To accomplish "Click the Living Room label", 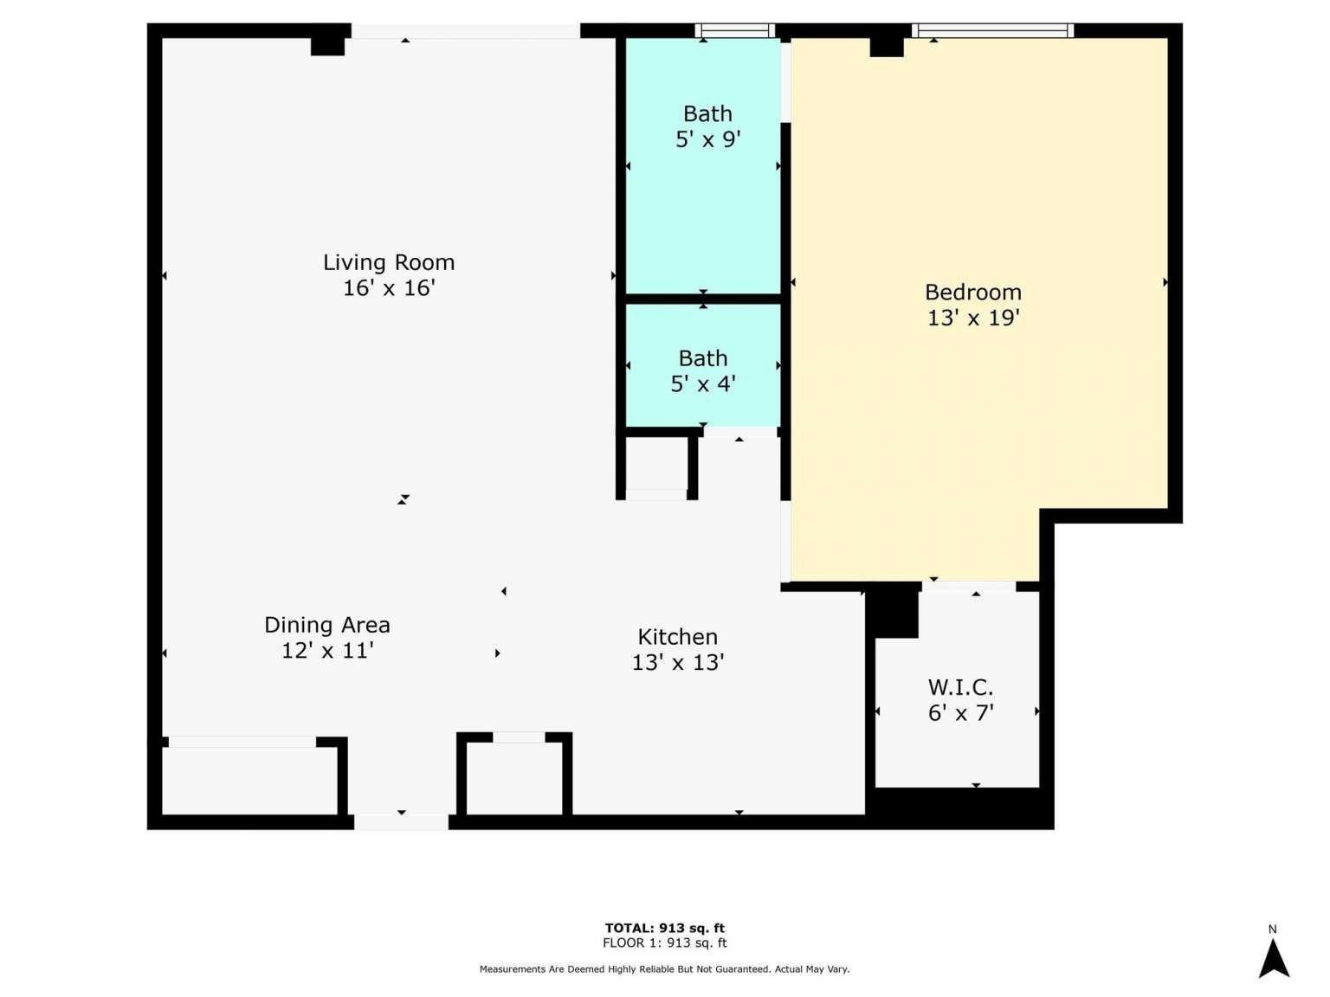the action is point(389,262).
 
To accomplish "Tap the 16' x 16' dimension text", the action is point(389,287).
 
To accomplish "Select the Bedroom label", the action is point(972,292).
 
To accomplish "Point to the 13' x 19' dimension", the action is point(973,318).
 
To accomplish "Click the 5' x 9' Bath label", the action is point(707,113).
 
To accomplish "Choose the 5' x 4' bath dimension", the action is point(703,383).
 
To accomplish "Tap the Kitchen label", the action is point(677,637).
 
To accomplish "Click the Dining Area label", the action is point(327,625).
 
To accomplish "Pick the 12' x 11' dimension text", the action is point(327,651).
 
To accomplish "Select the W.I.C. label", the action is point(960,688).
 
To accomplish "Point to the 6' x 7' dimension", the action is point(960,713).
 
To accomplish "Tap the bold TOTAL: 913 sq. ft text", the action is point(665,928).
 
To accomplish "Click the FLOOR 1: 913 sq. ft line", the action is point(665,942).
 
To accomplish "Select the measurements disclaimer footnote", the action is point(664,969).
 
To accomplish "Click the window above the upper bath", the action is point(734,30).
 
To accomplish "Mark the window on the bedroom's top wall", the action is point(992,30).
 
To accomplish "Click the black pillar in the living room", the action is point(328,47).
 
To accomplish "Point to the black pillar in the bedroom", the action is point(887,48).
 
